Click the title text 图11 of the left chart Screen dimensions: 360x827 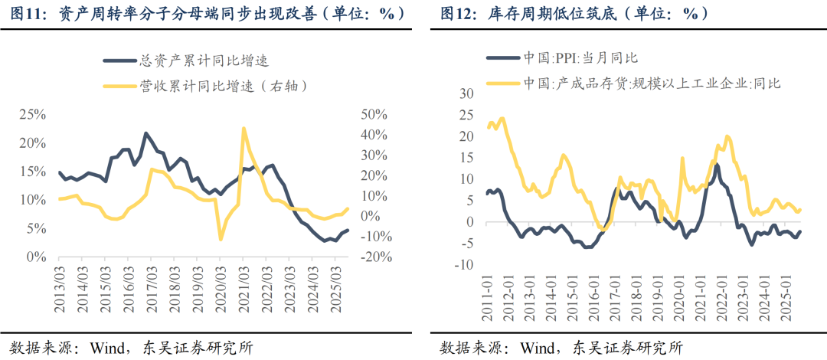pyautogui.click(x=29, y=15)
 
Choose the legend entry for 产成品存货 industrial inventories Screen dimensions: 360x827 pyautogui.click(x=651, y=83)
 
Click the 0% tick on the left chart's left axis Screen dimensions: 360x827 pyautogui.click(x=35, y=257)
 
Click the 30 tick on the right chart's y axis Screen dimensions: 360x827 pyautogui.click(x=464, y=93)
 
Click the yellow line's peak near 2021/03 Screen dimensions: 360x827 pyautogui.click(x=243, y=128)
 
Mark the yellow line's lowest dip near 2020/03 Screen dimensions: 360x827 pyautogui.click(x=221, y=240)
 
